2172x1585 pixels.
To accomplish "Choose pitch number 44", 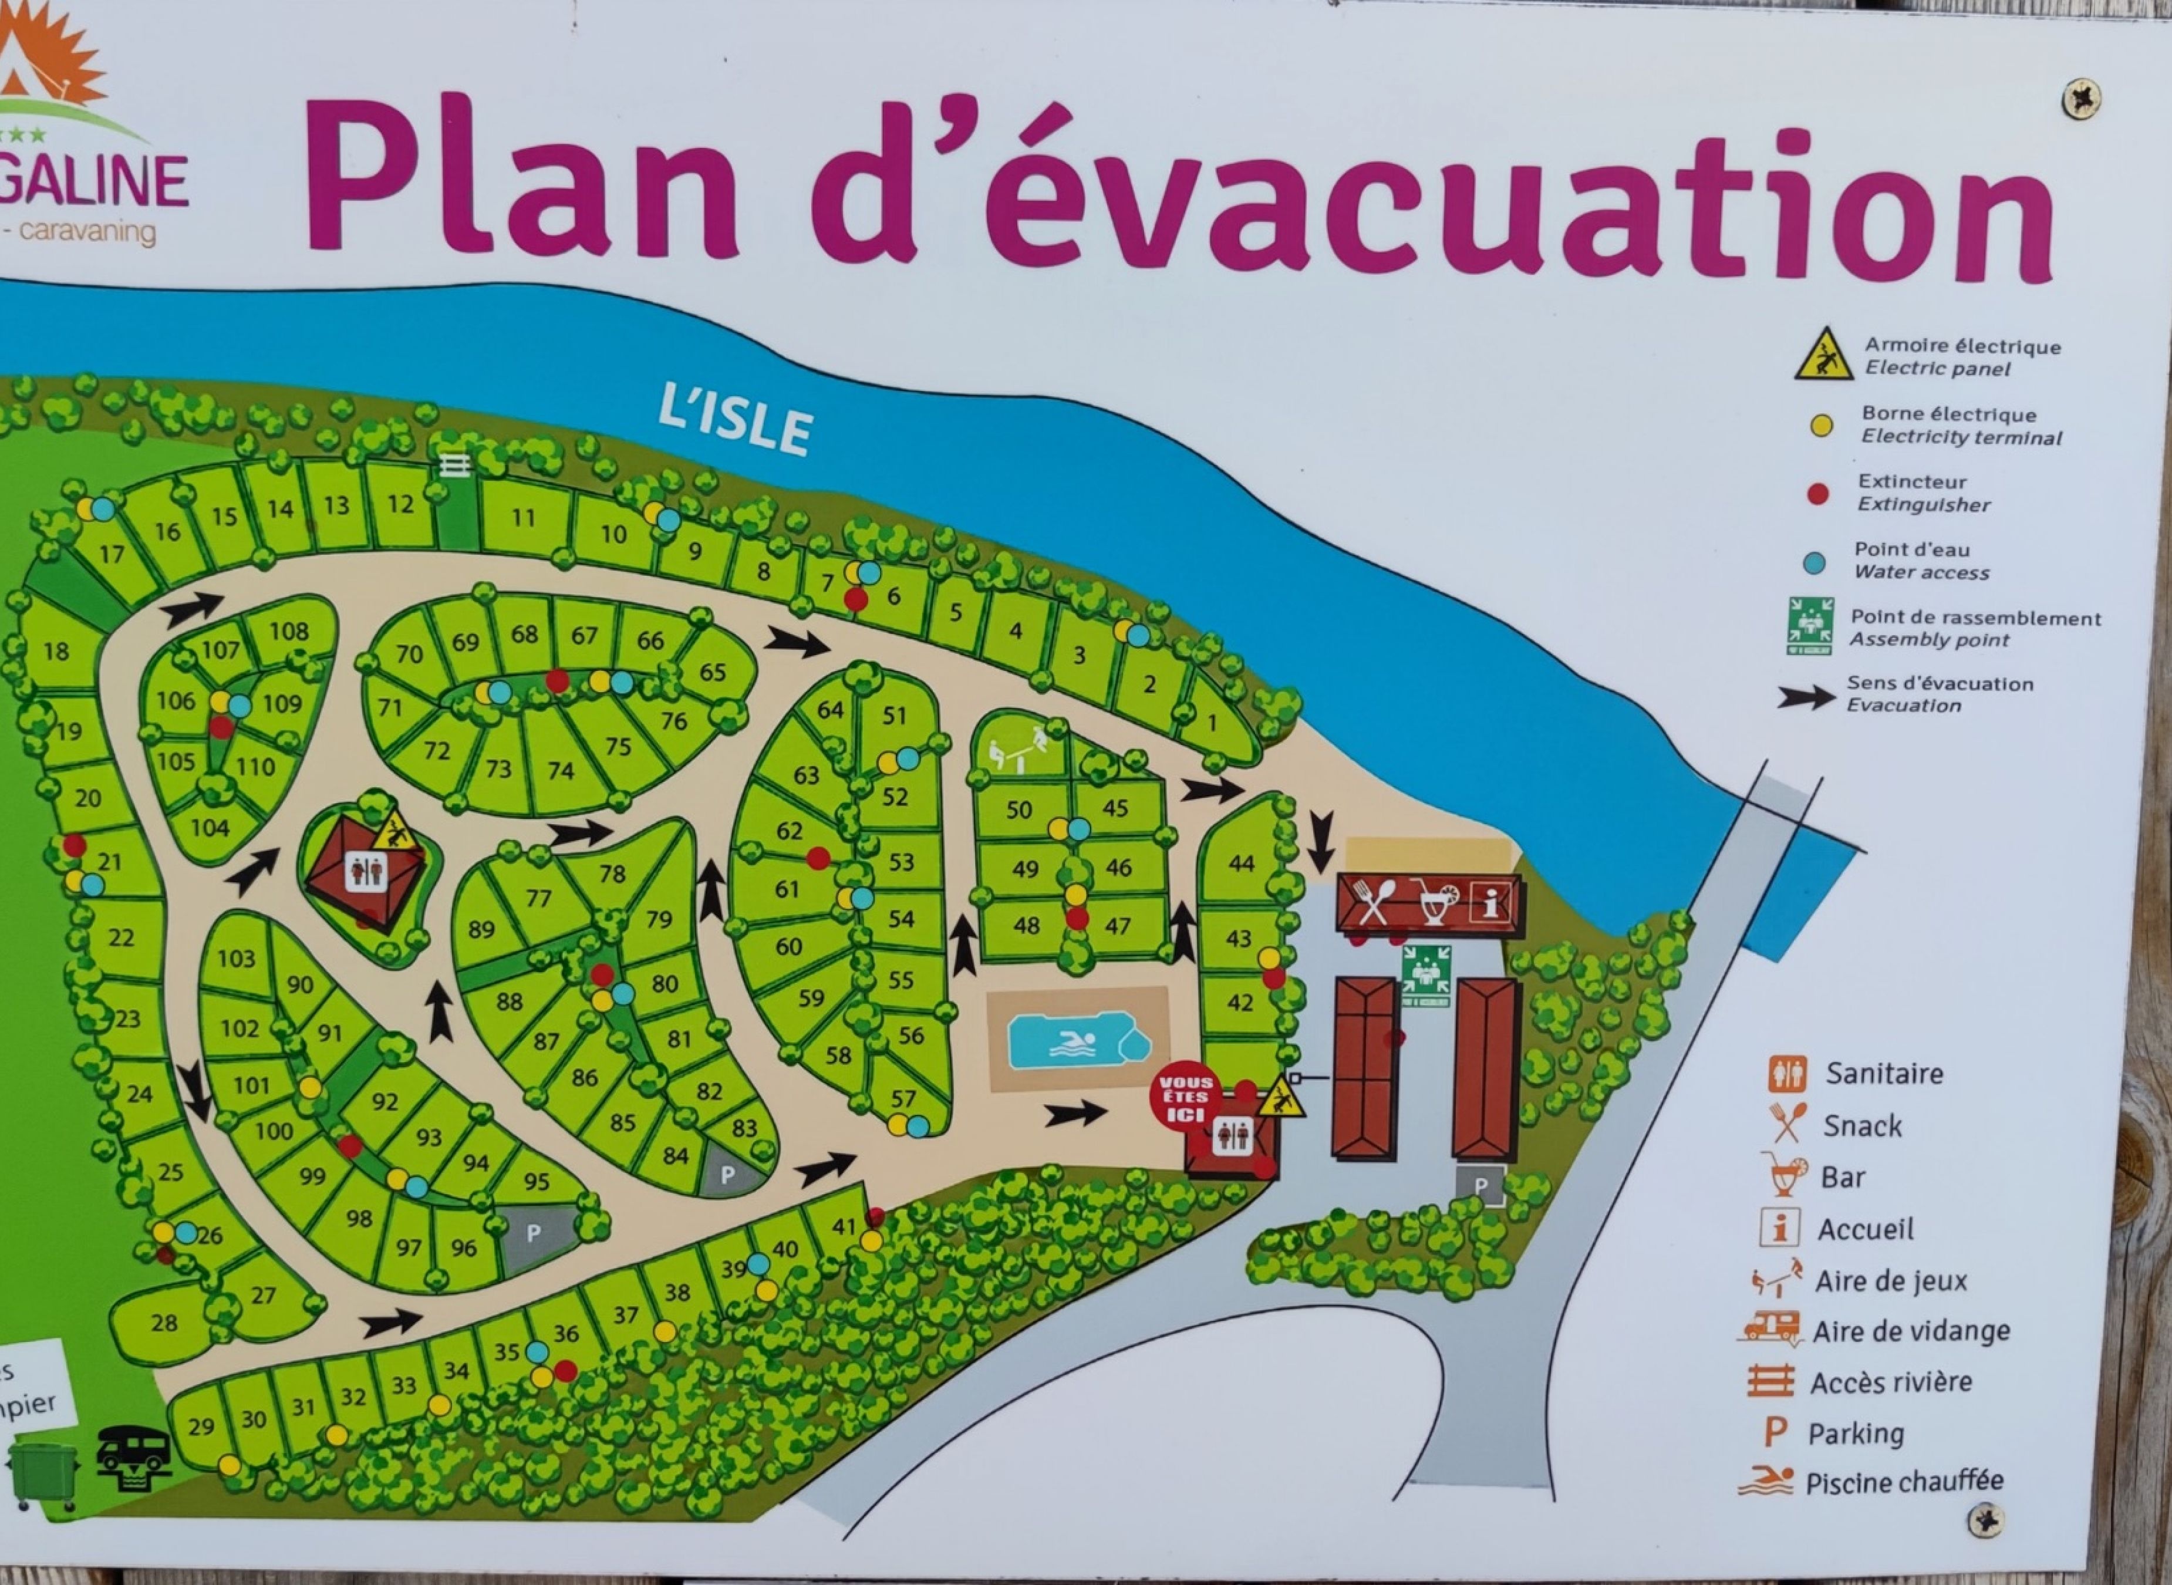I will [1242, 862].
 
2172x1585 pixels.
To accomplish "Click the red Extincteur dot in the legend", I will [1817, 494].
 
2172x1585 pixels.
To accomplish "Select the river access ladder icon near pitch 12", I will [455, 466].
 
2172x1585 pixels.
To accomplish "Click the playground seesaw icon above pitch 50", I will [1017, 748].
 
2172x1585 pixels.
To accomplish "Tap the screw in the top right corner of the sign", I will [2080, 99].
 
